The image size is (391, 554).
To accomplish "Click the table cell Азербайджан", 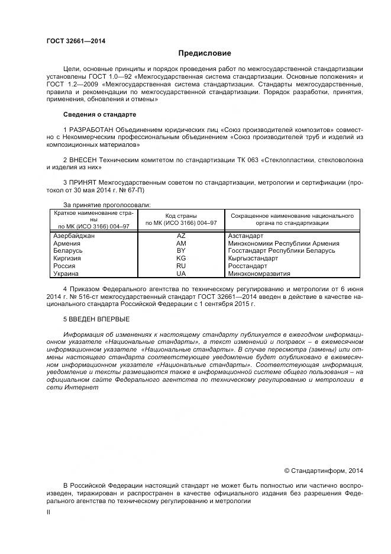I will (74, 236).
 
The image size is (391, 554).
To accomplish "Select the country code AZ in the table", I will (181, 236).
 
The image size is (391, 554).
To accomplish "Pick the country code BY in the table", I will (181, 251).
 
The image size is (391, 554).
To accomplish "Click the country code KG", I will (181, 259).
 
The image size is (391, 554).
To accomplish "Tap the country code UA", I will (181, 274).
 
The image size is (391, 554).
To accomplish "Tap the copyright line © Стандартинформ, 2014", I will (323, 471).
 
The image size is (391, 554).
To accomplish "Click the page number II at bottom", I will (49, 513).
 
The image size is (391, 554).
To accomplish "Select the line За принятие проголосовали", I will (107, 205).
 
